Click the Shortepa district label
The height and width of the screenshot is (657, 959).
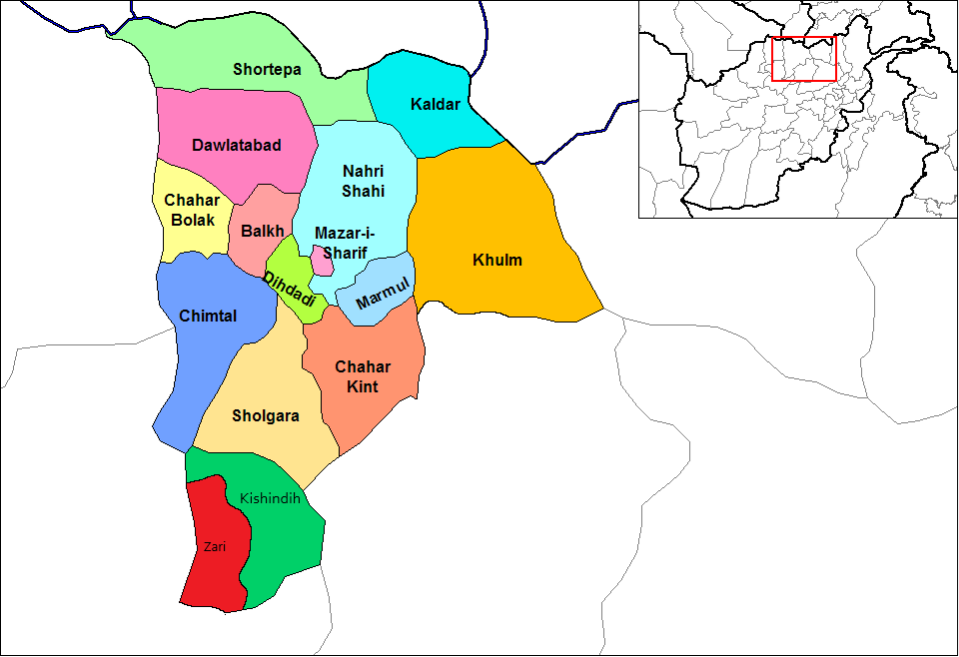point(267,69)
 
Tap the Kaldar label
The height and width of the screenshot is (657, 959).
point(436,104)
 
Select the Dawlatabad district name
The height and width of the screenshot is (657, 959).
point(236,145)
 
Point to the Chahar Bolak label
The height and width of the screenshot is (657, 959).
point(190,211)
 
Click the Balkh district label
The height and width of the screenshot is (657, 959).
point(262,231)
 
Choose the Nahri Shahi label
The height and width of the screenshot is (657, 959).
point(363,181)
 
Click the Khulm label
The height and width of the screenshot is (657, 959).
point(497,261)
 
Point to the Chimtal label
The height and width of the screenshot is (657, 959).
point(208,316)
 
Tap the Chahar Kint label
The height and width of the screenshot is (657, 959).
point(363,376)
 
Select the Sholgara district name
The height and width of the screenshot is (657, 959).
point(266,415)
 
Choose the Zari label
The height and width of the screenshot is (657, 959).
point(215,546)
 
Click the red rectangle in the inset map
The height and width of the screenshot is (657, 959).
point(803,59)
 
